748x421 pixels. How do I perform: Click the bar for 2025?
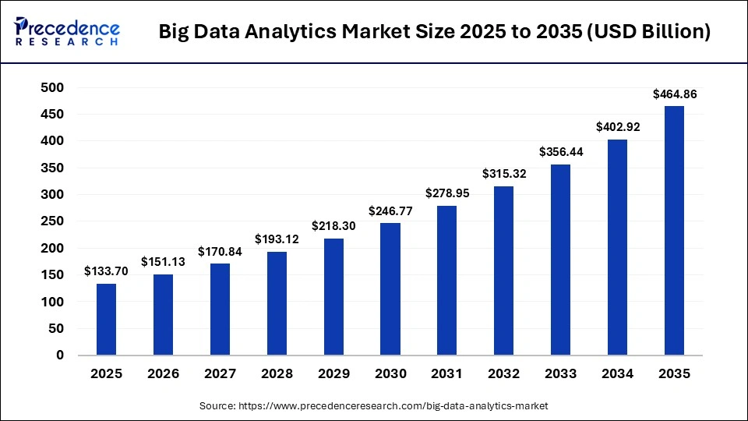tap(107, 320)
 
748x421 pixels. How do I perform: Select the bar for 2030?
tap(390, 289)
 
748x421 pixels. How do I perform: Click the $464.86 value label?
tap(674, 94)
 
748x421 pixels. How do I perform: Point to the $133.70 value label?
tap(107, 272)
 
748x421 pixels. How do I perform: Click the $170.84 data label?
tap(220, 252)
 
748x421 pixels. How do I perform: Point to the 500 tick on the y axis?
tap(52, 88)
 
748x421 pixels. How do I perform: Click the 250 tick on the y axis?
tap(52, 221)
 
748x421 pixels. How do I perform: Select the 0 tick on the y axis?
tap(59, 356)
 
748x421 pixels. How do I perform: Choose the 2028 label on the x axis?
tap(277, 374)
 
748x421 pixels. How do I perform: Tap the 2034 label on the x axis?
tap(617, 374)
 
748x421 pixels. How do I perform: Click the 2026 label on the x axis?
tap(164, 374)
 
